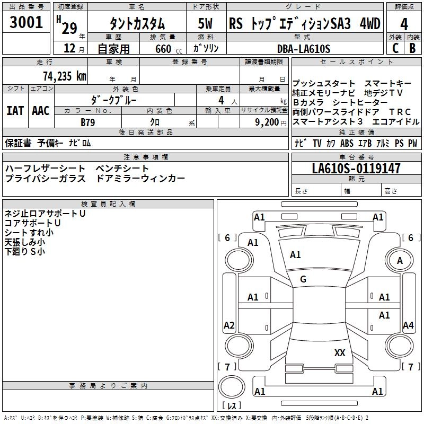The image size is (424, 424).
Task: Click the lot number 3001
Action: (x=26, y=22)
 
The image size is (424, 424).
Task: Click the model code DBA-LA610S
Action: (x=303, y=49)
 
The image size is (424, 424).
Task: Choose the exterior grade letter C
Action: (x=395, y=48)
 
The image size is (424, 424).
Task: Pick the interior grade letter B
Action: (x=413, y=48)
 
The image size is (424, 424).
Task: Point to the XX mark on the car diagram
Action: (x=340, y=353)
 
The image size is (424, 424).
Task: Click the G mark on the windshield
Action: (x=303, y=279)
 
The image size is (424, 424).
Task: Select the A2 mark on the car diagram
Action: (x=229, y=325)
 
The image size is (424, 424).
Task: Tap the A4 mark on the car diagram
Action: (x=408, y=325)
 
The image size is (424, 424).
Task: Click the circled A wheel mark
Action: (x=400, y=261)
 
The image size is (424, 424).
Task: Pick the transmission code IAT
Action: (x=15, y=110)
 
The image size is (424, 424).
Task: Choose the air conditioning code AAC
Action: (x=41, y=110)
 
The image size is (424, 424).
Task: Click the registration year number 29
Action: (x=69, y=26)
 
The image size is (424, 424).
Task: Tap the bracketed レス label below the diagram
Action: (x=231, y=406)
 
